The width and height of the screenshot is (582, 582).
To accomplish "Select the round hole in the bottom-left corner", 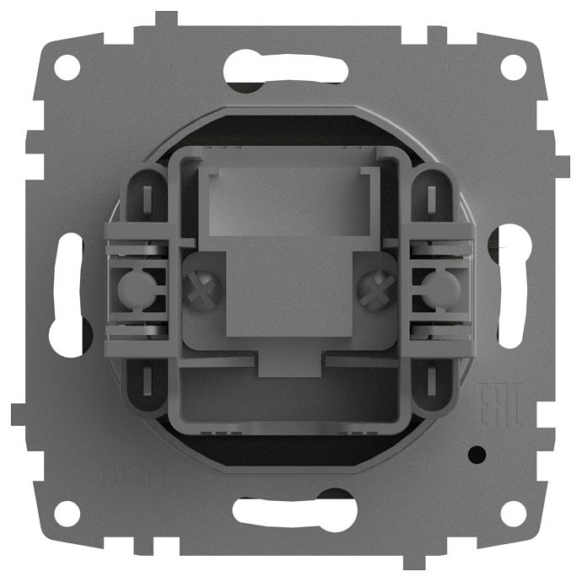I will [67, 513].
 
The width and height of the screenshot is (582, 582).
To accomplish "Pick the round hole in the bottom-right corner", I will [513, 513].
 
